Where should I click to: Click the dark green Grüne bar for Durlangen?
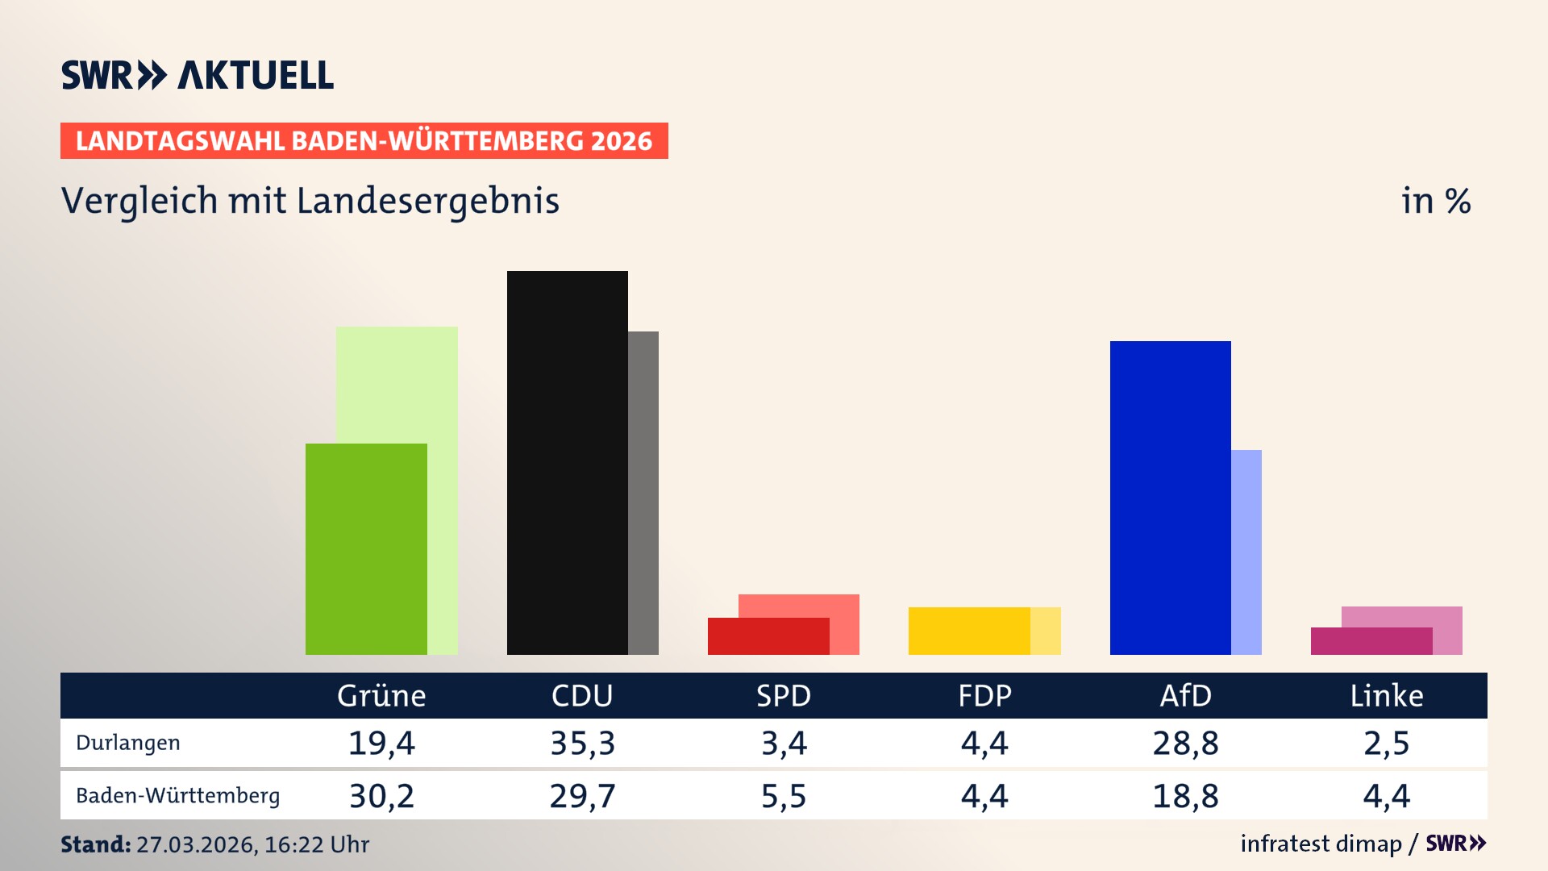366,548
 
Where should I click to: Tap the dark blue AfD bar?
1170,498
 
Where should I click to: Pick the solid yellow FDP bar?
969,631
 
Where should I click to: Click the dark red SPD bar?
768,636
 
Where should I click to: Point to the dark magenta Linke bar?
1371,641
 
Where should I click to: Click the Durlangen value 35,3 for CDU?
582,743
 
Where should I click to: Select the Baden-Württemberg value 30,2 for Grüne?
381,796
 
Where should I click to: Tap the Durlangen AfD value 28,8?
1185,743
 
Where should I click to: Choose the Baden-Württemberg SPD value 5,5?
784,796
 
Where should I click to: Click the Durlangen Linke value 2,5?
1387,743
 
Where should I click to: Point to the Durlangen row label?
128,743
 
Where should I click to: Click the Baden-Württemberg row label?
177,796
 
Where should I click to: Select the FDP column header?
984,695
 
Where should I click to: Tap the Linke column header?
1387,695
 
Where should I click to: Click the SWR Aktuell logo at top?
198,75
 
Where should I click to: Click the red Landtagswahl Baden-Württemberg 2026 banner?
364,140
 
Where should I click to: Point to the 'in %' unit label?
1436,201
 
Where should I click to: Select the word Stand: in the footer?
95,844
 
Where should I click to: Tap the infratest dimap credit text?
1321,844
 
